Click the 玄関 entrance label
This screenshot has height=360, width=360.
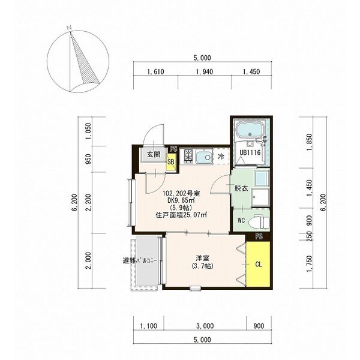pos(154,155)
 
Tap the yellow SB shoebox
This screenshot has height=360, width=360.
pos(171,161)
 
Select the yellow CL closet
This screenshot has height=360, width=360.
pos(258,264)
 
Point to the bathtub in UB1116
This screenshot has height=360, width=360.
pos(250,130)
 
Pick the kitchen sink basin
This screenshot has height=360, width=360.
pos(204,157)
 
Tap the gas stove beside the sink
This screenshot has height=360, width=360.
pos(189,157)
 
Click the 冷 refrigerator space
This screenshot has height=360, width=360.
pos(221,157)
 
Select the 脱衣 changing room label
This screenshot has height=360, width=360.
pos(241,188)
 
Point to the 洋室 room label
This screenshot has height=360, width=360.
pos(202,258)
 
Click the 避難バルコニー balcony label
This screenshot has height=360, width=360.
pos(140,261)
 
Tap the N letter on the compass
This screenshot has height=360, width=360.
pos(69,28)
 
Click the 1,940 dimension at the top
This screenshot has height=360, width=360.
pos(205,71)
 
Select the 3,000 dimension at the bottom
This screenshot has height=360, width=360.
pos(205,326)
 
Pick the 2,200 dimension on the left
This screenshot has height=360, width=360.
pos(89,202)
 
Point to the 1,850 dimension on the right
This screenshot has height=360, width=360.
pos(310,142)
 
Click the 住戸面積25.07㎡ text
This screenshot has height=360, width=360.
pos(181,215)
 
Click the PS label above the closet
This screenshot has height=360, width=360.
pos(259,236)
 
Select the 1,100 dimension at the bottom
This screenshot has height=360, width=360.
pos(149,326)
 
